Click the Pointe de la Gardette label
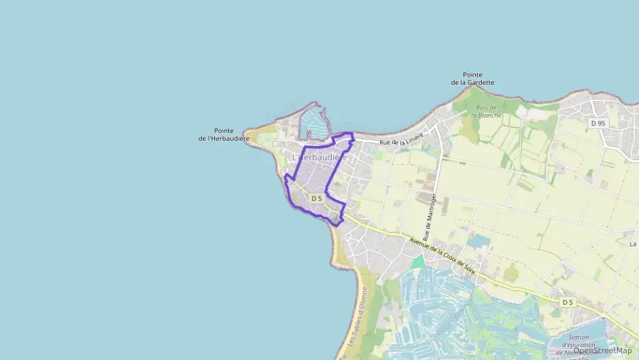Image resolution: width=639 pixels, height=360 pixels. pyautogui.click(x=472, y=79)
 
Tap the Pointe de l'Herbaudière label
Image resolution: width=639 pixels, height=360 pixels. pyautogui.click(x=224, y=135)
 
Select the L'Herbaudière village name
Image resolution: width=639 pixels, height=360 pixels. pyautogui.click(x=320, y=158)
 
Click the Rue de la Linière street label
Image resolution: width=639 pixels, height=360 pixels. pyautogui.click(x=401, y=139)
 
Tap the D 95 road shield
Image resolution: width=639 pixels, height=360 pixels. pyautogui.click(x=598, y=123)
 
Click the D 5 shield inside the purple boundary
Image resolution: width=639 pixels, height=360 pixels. pyautogui.click(x=316, y=198)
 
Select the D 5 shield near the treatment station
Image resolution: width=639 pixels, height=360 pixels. pyautogui.click(x=567, y=301)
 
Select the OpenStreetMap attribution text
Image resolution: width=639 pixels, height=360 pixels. pyautogui.click(x=602, y=350)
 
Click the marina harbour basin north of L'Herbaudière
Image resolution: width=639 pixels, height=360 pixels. pyautogui.click(x=313, y=123)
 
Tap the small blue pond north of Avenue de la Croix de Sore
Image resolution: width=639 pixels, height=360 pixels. pyautogui.click(x=479, y=241)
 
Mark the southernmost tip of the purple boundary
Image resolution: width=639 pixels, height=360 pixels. pyautogui.click(x=338, y=225)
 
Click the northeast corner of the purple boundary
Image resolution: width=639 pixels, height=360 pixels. pyautogui.click(x=352, y=134)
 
